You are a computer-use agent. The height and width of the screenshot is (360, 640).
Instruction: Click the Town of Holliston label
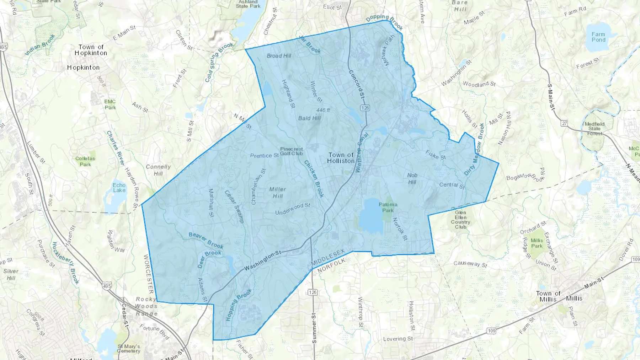341,158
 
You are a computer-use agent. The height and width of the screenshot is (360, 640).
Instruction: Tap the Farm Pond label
598,37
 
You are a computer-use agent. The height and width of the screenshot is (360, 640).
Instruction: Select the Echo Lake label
119,188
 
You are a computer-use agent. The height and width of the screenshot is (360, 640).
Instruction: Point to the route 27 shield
564,123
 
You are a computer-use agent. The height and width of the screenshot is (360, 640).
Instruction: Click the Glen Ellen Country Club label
460,220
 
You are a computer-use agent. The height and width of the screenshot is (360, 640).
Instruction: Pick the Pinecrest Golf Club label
292,151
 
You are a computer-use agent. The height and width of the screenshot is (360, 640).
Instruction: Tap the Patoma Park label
388,207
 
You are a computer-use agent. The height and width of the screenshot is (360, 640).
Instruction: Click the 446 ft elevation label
323,110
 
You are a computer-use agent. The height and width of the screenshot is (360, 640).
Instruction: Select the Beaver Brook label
206,240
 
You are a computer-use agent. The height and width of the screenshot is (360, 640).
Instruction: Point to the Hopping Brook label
239,305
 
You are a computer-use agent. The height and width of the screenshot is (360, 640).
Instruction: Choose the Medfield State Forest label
594,129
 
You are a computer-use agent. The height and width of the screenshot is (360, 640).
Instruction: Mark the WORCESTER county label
148,274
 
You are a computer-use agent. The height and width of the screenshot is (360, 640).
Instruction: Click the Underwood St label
293,209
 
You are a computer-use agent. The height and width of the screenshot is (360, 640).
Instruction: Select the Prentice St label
264,156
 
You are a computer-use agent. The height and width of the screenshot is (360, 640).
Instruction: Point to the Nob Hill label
412,178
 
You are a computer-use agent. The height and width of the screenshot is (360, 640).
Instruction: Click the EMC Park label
110,104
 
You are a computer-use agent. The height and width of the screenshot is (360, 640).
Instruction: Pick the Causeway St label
470,264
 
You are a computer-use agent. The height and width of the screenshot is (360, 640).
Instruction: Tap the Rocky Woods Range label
146,306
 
